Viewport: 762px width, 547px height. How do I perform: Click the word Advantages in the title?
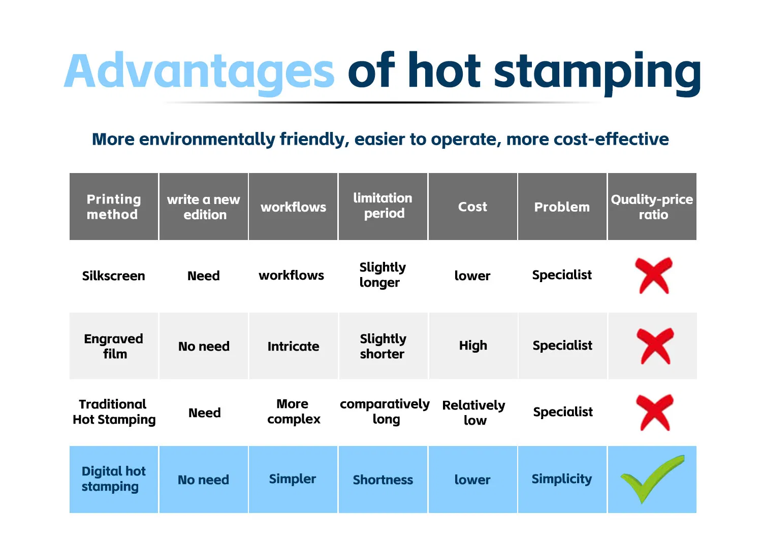click(199, 72)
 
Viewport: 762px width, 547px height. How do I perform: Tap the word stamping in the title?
click(597, 72)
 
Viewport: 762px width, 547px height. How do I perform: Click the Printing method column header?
click(114, 207)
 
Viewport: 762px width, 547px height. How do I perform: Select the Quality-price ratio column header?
click(652, 207)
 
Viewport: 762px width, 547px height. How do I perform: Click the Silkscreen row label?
click(114, 276)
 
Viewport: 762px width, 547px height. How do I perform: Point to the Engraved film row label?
click(114, 346)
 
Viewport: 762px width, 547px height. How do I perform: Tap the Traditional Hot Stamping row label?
click(114, 412)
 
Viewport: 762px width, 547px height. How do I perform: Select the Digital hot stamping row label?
click(113, 478)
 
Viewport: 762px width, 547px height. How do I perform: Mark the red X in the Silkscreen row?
click(654, 276)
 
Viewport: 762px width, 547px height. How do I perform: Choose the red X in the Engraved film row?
click(655, 346)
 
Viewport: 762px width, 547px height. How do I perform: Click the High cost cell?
click(473, 346)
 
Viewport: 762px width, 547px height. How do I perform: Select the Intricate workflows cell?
click(293, 346)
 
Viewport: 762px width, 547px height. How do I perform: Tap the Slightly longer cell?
click(383, 275)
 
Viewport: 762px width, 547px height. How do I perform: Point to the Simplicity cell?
click(562, 479)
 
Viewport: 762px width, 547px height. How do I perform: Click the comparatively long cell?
click(385, 411)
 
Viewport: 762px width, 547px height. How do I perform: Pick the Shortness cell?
click(383, 480)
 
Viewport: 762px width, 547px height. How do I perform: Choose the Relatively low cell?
click(473, 413)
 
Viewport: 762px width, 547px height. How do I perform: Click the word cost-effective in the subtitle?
click(587, 139)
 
